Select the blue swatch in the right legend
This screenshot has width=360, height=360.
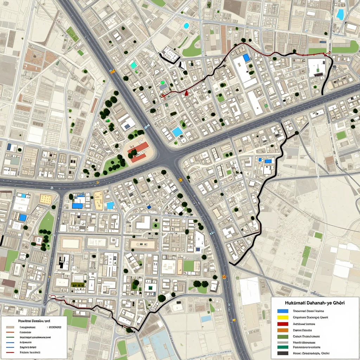click(283, 311)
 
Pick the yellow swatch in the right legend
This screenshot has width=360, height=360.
click(283, 317)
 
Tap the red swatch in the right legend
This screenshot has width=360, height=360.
click(283, 324)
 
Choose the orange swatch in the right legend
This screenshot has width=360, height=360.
click(283, 330)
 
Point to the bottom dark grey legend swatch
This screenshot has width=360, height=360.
click(283, 353)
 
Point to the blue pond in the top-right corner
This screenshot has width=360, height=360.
click(340, 14)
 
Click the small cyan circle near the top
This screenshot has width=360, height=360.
click(186, 26)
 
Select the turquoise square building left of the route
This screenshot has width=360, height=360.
click(133, 65)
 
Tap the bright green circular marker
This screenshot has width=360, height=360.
click(162, 83)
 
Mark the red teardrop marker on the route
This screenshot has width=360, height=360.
click(186, 93)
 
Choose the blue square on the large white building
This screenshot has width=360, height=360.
click(246, 58)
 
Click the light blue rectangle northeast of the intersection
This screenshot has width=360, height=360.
click(177, 132)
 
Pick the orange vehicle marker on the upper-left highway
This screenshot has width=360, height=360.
click(113, 71)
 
